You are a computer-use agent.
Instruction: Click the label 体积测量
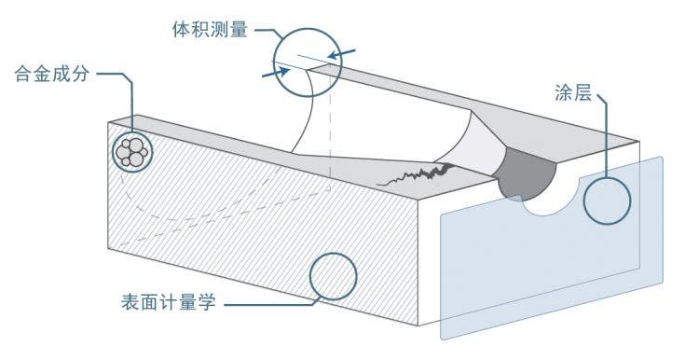[x=210, y=28]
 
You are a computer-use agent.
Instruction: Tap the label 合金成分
[x=51, y=73]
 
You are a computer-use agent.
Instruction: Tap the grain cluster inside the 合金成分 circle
[x=132, y=151]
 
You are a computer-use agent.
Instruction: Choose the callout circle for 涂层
[x=607, y=199]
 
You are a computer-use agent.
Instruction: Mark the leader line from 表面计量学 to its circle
[x=270, y=302]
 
